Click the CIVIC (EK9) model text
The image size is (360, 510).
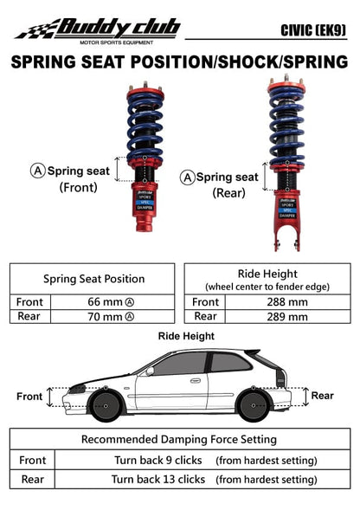(313, 30)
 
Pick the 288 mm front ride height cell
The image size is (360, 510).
(286, 302)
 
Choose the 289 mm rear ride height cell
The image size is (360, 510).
(286, 317)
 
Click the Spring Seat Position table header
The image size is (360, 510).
(94, 279)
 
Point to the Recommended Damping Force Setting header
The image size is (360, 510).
(179, 440)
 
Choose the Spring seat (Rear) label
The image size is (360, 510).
(222, 184)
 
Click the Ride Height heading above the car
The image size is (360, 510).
(186, 335)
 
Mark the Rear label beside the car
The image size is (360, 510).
(322, 396)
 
